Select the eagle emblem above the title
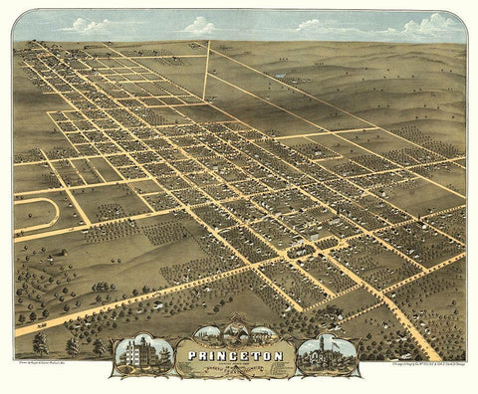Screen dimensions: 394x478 (x=239, y=334)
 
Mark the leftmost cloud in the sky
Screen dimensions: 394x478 (x=85, y=26)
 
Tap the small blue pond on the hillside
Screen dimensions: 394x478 (x=286, y=76)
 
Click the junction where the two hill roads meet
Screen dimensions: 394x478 (x=206, y=98)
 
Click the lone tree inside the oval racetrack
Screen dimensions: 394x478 (x=30, y=212)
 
